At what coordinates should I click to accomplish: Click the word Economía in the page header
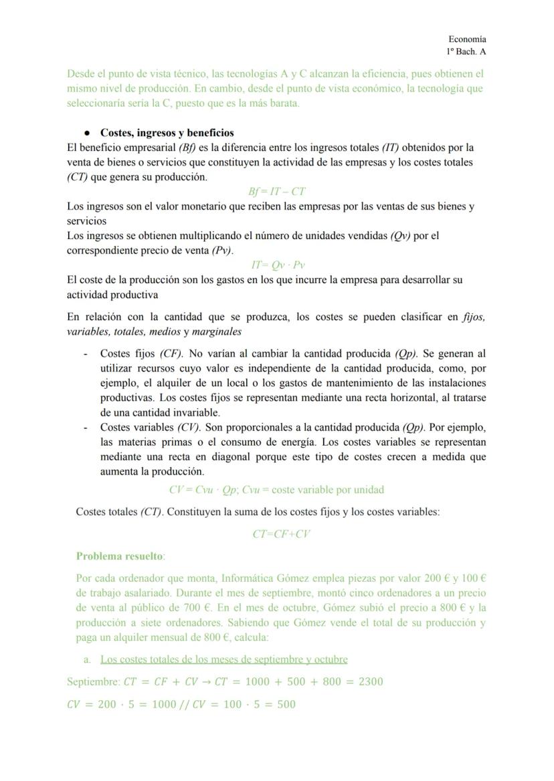tap(467, 39)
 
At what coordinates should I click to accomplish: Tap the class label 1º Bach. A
tap(466, 51)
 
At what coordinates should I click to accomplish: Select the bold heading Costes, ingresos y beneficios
tap(167, 132)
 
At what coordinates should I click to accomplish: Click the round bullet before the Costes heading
tap(87, 133)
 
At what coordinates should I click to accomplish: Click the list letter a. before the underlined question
tap(88, 659)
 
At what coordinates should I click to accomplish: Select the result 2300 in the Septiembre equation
tap(370, 682)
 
